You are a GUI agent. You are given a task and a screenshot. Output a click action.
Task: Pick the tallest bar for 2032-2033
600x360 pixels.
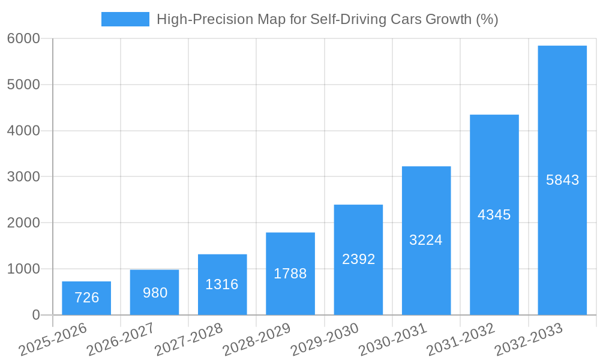(562, 180)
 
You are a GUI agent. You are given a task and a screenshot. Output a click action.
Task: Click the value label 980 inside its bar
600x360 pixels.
(155, 293)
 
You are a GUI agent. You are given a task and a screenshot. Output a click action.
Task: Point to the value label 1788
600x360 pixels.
(290, 274)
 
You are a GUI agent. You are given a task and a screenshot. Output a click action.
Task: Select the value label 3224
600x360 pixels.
(426, 240)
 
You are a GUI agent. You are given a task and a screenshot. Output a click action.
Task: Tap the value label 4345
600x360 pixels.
(494, 215)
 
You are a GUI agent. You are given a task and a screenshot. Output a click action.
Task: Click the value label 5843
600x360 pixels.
(562, 180)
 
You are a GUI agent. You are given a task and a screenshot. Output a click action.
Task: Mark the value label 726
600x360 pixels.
(86, 298)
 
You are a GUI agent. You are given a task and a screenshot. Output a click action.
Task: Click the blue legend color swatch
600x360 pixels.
(125, 19)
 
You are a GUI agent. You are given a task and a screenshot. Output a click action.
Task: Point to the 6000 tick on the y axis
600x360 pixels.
(23, 38)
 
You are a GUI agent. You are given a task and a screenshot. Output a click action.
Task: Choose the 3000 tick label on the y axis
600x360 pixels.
(23, 177)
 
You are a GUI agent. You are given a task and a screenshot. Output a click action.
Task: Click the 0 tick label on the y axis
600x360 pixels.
(35, 315)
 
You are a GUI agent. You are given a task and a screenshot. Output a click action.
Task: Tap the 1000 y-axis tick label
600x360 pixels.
(23, 269)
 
